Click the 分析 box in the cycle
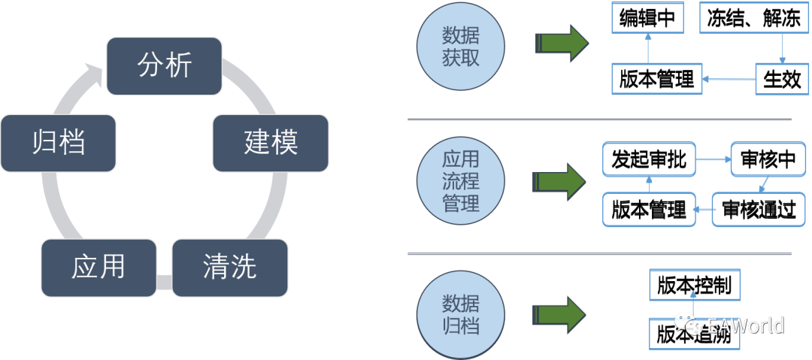165,67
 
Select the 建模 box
270,143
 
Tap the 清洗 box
230,267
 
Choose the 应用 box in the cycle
98,268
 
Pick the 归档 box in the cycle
59,143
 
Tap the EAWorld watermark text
745,325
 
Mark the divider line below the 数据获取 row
598,119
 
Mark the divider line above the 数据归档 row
598,253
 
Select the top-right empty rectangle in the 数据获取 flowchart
744,17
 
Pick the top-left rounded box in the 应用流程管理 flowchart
649,159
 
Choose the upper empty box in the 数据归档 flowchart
695,285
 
